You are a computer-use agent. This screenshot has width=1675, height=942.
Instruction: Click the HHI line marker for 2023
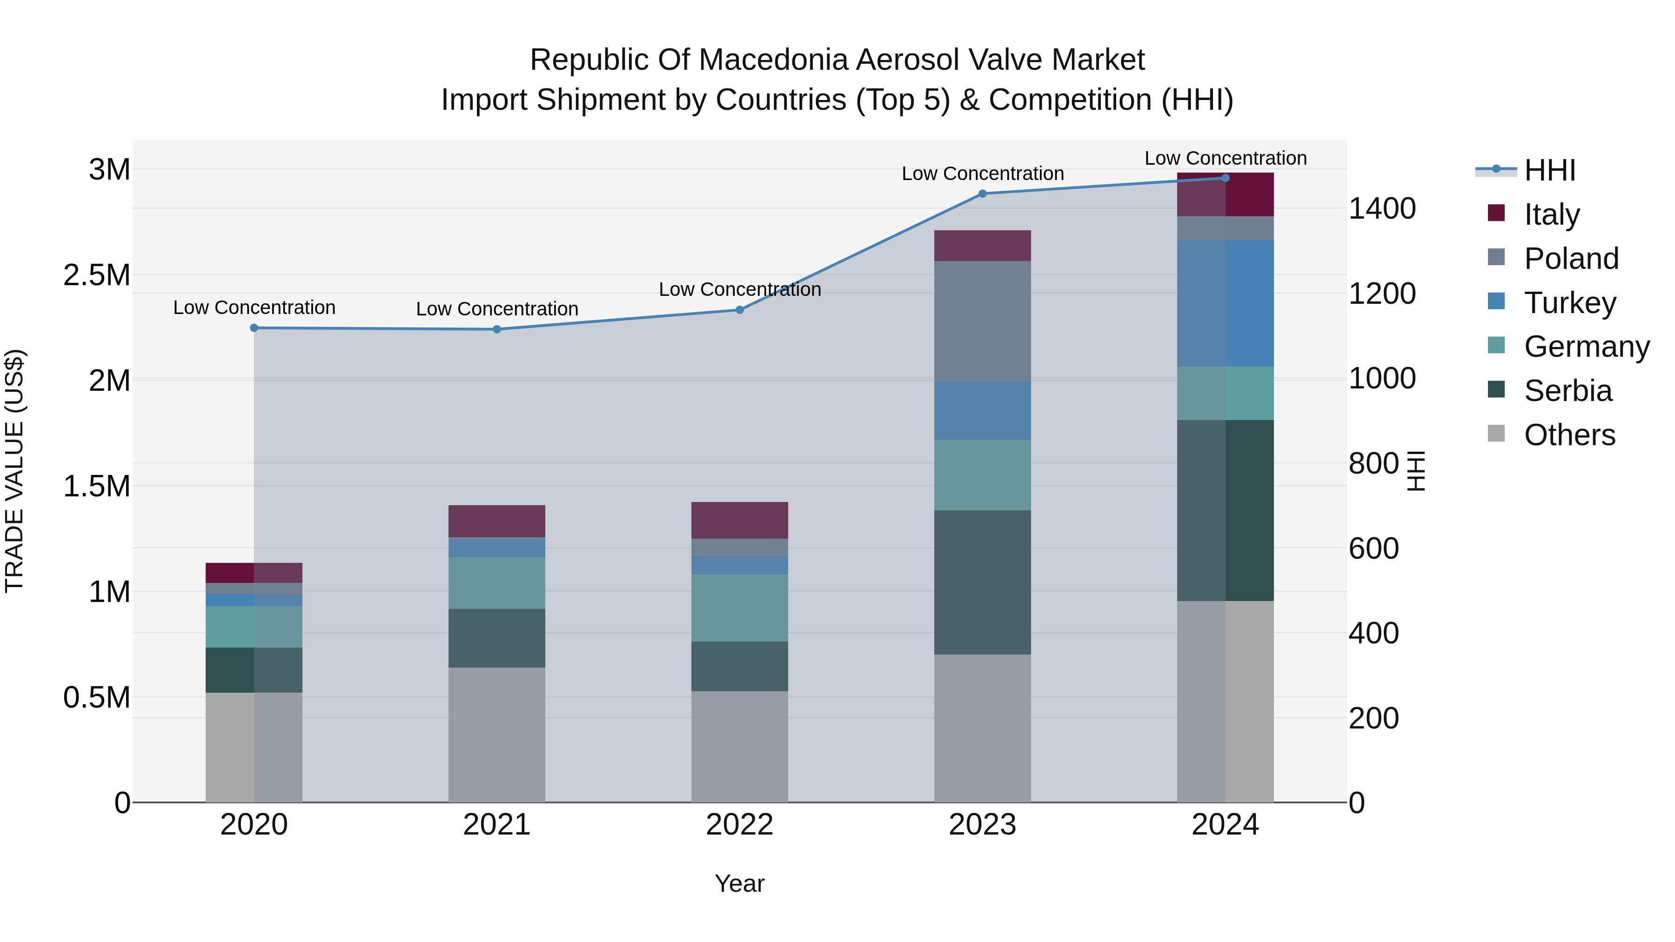tap(983, 194)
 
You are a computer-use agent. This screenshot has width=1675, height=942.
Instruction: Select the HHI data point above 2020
tap(254, 328)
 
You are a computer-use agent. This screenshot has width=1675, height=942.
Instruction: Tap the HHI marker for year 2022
tap(739, 310)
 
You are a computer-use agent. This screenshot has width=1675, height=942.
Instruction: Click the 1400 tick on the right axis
tap(1382, 209)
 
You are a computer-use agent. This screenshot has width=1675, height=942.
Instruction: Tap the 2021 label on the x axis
tap(497, 824)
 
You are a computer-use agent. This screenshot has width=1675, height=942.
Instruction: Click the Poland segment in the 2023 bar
tap(983, 321)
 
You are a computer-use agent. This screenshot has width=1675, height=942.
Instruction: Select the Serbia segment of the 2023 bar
tap(983, 582)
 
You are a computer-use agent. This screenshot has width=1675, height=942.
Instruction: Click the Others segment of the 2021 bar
tap(497, 735)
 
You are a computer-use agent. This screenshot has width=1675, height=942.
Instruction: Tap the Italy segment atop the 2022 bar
tap(739, 520)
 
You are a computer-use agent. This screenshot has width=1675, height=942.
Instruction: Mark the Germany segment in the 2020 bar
tap(254, 627)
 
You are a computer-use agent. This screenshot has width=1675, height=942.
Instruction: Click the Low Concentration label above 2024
tap(1225, 158)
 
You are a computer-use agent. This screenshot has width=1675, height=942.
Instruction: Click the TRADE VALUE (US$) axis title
tap(14, 471)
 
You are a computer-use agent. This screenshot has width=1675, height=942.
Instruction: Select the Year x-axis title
tap(739, 883)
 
